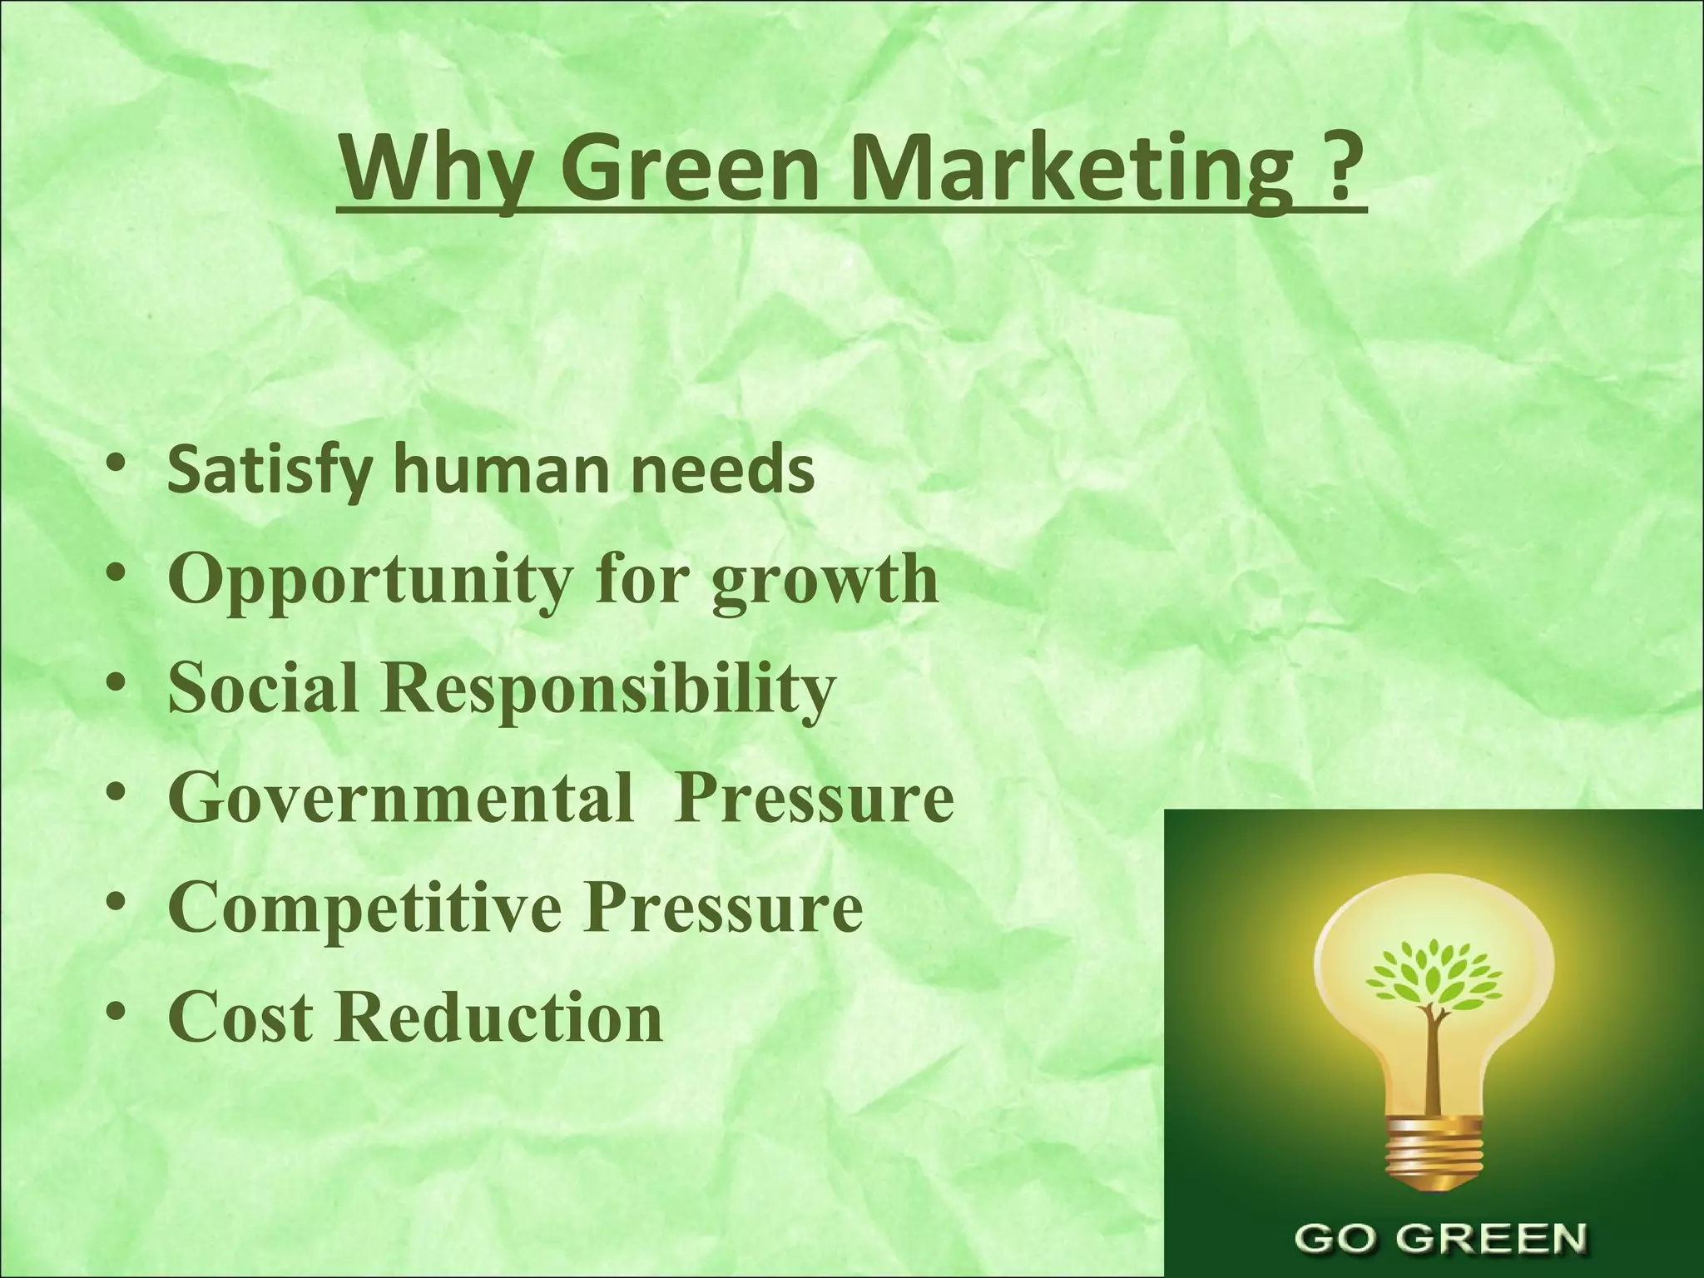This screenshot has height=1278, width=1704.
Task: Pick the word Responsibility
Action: pos(607,691)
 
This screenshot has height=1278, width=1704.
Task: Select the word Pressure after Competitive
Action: pos(722,909)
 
